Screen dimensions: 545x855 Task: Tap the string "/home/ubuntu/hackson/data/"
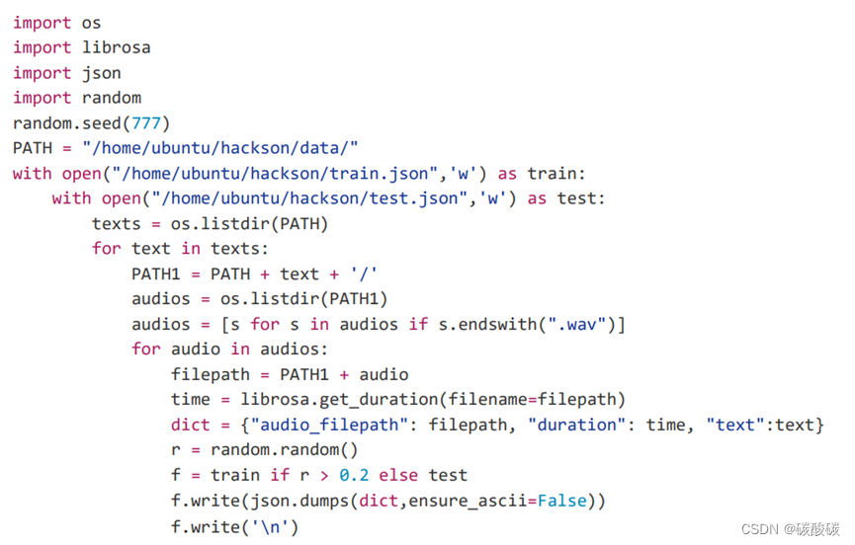point(220,148)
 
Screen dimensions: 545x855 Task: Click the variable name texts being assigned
point(116,224)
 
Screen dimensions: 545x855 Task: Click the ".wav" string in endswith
point(580,325)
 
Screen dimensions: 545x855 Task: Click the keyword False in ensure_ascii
point(561,502)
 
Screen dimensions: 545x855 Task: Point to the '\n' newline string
point(274,526)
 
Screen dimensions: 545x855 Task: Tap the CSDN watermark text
point(759,528)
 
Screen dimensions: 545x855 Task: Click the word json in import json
point(101,73)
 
